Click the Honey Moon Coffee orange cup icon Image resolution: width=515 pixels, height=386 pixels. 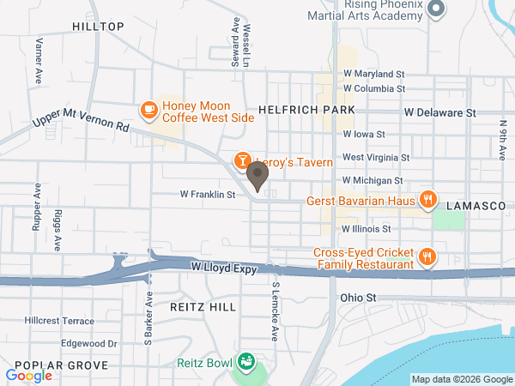148,109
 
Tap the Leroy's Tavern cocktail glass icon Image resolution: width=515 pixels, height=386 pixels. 243,160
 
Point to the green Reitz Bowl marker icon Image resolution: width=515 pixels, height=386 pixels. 246,362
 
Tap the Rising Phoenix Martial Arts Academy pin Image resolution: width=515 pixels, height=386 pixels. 436,9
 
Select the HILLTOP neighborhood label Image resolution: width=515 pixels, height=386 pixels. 98,27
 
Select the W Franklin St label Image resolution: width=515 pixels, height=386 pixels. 208,195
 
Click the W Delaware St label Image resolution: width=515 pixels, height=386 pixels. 440,112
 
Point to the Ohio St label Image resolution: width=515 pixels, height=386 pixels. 359,298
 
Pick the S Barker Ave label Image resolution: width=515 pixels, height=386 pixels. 148,318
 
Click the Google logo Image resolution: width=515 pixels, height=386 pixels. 28,375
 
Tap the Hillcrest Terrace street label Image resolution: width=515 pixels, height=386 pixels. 59,320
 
